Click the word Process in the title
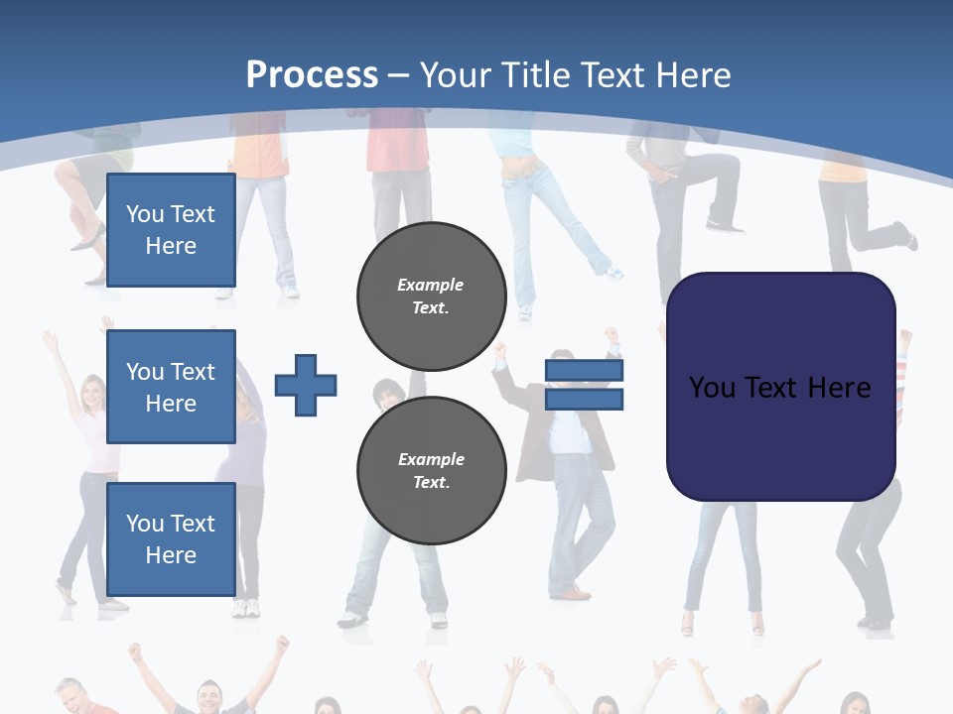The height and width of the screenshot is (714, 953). click(x=312, y=75)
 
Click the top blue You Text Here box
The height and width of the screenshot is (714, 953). click(x=171, y=230)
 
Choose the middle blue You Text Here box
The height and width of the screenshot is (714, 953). click(x=171, y=387)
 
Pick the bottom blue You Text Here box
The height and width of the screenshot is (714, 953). click(x=171, y=538)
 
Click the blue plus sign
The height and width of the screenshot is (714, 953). click(x=306, y=385)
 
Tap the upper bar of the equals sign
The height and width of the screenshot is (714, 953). click(x=584, y=371)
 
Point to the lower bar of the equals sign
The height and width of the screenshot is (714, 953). click(x=584, y=399)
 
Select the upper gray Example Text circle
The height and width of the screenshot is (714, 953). click(x=431, y=296)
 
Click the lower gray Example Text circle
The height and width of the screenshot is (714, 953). click(x=431, y=470)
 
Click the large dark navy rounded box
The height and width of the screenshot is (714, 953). click(x=780, y=386)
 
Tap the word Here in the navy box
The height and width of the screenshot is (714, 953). click(x=839, y=387)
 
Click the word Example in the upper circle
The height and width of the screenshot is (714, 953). click(x=430, y=285)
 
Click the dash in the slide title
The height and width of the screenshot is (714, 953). click(x=399, y=75)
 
